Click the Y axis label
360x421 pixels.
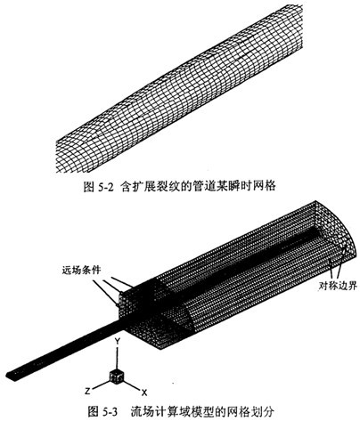pyautogui.click(x=118, y=341)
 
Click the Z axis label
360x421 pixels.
pyautogui.click(x=87, y=392)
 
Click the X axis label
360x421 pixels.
pyautogui.click(x=144, y=393)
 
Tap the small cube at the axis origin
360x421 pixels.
pyautogui.click(x=117, y=376)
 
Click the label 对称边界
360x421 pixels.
pyautogui.click(x=338, y=286)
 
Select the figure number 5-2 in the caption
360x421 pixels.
pyautogui.click(x=106, y=187)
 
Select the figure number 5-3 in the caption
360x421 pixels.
pyautogui.click(x=110, y=412)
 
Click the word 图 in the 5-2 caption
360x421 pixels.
pyautogui.click(x=89, y=187)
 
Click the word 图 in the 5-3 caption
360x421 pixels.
pyautogui.click(x=94, y=412)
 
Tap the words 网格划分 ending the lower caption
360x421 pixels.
pyautogui.click(x=253, y=412)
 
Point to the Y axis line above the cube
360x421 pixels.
pyautogui.click(x=118, y=358)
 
